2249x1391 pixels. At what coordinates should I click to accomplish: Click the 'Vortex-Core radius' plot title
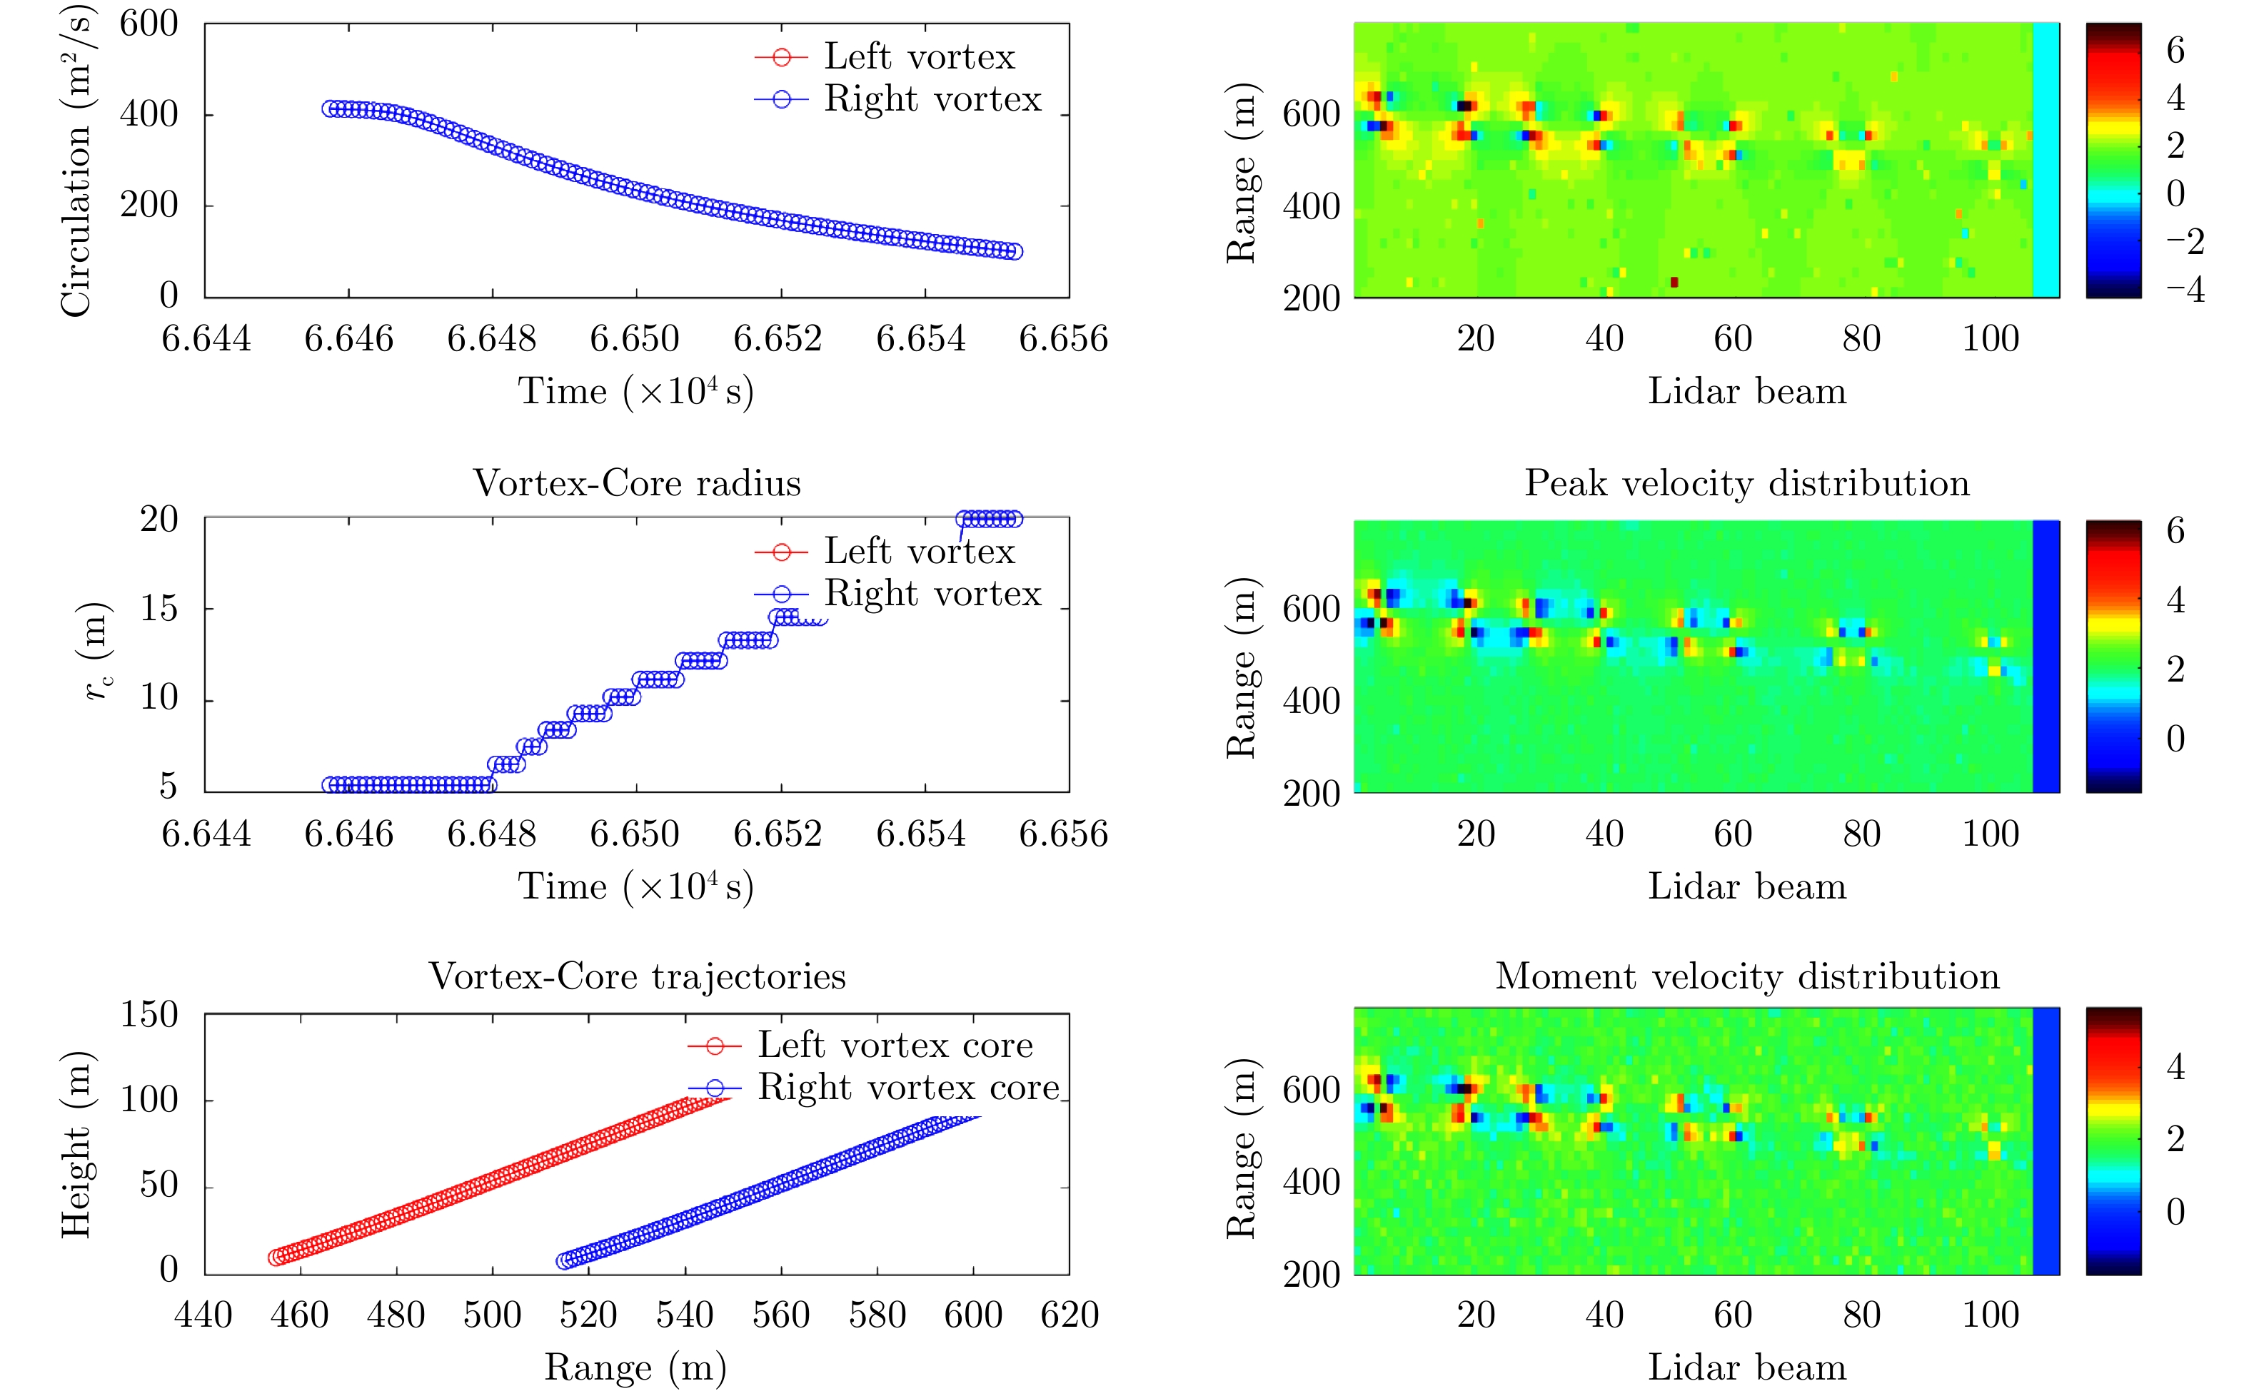click(637, 483)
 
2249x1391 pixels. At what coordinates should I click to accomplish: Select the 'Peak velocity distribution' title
click(1746, 483)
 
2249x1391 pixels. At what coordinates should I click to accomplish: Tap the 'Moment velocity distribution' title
click(1746, 976)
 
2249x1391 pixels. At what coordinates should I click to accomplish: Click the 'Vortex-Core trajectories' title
click(637, 976)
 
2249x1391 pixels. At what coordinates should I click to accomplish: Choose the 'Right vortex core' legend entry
click(908, 1088)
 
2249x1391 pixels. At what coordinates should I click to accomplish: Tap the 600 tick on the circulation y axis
click(149, 24)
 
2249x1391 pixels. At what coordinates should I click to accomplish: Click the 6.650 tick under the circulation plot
click(635, 338)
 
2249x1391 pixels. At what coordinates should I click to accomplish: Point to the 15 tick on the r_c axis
click(159, 608)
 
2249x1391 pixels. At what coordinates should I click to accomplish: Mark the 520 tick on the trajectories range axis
click(588, 1315)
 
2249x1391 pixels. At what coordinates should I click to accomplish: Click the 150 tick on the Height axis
click(149, 1015)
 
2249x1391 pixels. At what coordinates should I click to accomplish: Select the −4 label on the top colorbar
click(2185, 290)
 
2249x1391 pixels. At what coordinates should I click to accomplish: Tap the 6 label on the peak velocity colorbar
click(2175, 531)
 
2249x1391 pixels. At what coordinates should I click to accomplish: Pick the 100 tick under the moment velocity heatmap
click(1991, 1315)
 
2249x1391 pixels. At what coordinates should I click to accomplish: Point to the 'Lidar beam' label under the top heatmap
click(1746, 392)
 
